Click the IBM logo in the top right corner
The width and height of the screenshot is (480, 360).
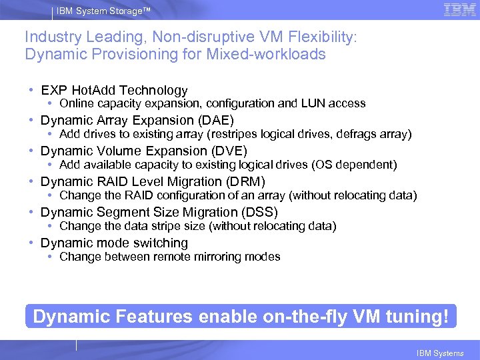tap(459, 10)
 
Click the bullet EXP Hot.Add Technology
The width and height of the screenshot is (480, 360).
tap(114, 90)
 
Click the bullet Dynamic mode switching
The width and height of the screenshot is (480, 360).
tap(114, 243)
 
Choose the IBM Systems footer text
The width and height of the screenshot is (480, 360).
tap(439, 353)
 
